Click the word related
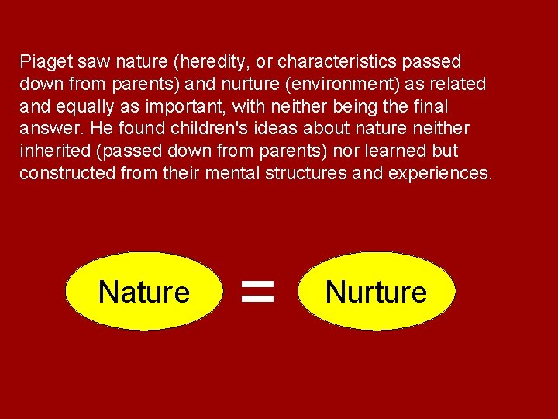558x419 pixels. coord(459,84)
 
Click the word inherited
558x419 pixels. coord(51,151)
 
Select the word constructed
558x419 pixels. coord(67,173)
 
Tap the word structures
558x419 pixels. coord(306,173)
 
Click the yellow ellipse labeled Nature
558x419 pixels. coord(144,292)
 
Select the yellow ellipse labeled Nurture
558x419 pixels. coord(377,292)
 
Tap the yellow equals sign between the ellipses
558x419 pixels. coord(258,292)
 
